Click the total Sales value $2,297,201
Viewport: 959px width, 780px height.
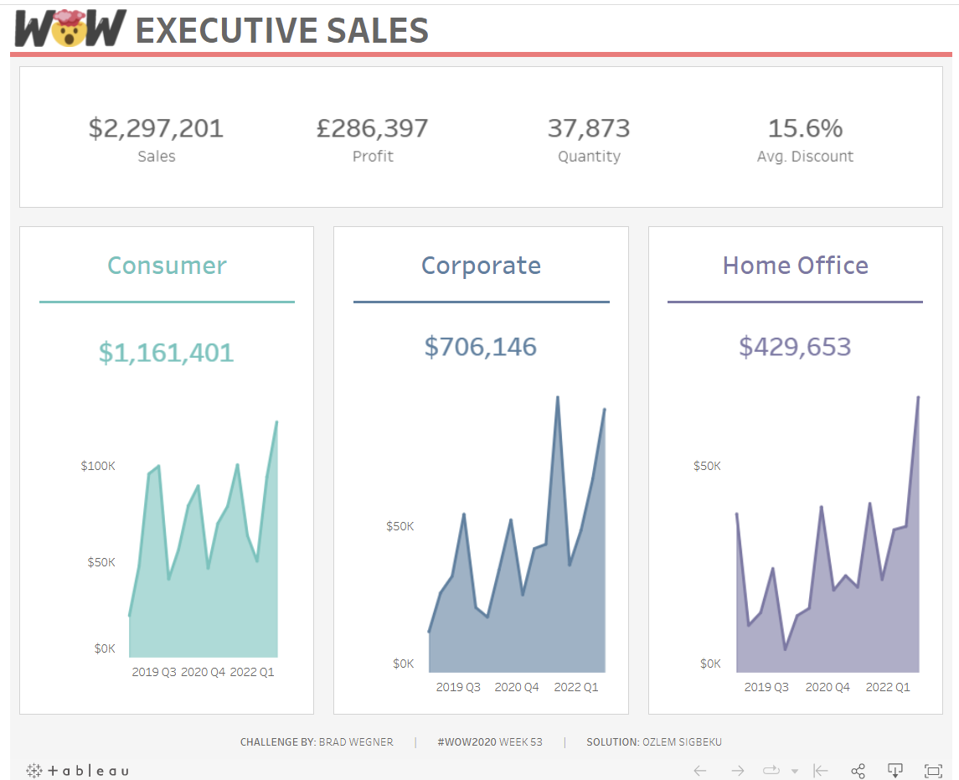tap(156, 128)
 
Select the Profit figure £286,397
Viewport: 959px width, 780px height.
tap(372, 128)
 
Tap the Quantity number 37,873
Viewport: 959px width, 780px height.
tap(588, 128)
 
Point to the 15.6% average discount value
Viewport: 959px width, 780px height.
tap(805, 128)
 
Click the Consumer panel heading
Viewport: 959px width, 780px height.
tap(167, 266)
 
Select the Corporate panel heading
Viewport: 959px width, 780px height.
tap(481, 266)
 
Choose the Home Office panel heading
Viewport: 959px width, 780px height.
tap(795, 266)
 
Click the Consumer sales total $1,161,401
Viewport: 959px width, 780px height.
tap(166, 353)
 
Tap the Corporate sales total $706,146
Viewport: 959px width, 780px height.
tap(480, 347)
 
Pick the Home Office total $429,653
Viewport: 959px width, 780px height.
tap(795, 347)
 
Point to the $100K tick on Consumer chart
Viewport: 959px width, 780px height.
tap(98, 466)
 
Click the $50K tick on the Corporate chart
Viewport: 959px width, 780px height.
tap(400, 527)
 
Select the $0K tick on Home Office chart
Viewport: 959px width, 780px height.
tap(710, 664)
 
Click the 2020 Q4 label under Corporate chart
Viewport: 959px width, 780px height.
tap(517, 687)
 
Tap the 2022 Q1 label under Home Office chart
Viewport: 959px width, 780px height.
tap(888, 687)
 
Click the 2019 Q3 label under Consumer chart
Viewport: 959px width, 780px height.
tap(154, 672)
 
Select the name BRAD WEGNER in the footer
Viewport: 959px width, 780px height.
tap(356, 742)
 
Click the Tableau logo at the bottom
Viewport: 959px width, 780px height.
tap(78, 771)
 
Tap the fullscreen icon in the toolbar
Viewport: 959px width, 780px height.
tap(932, 771)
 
